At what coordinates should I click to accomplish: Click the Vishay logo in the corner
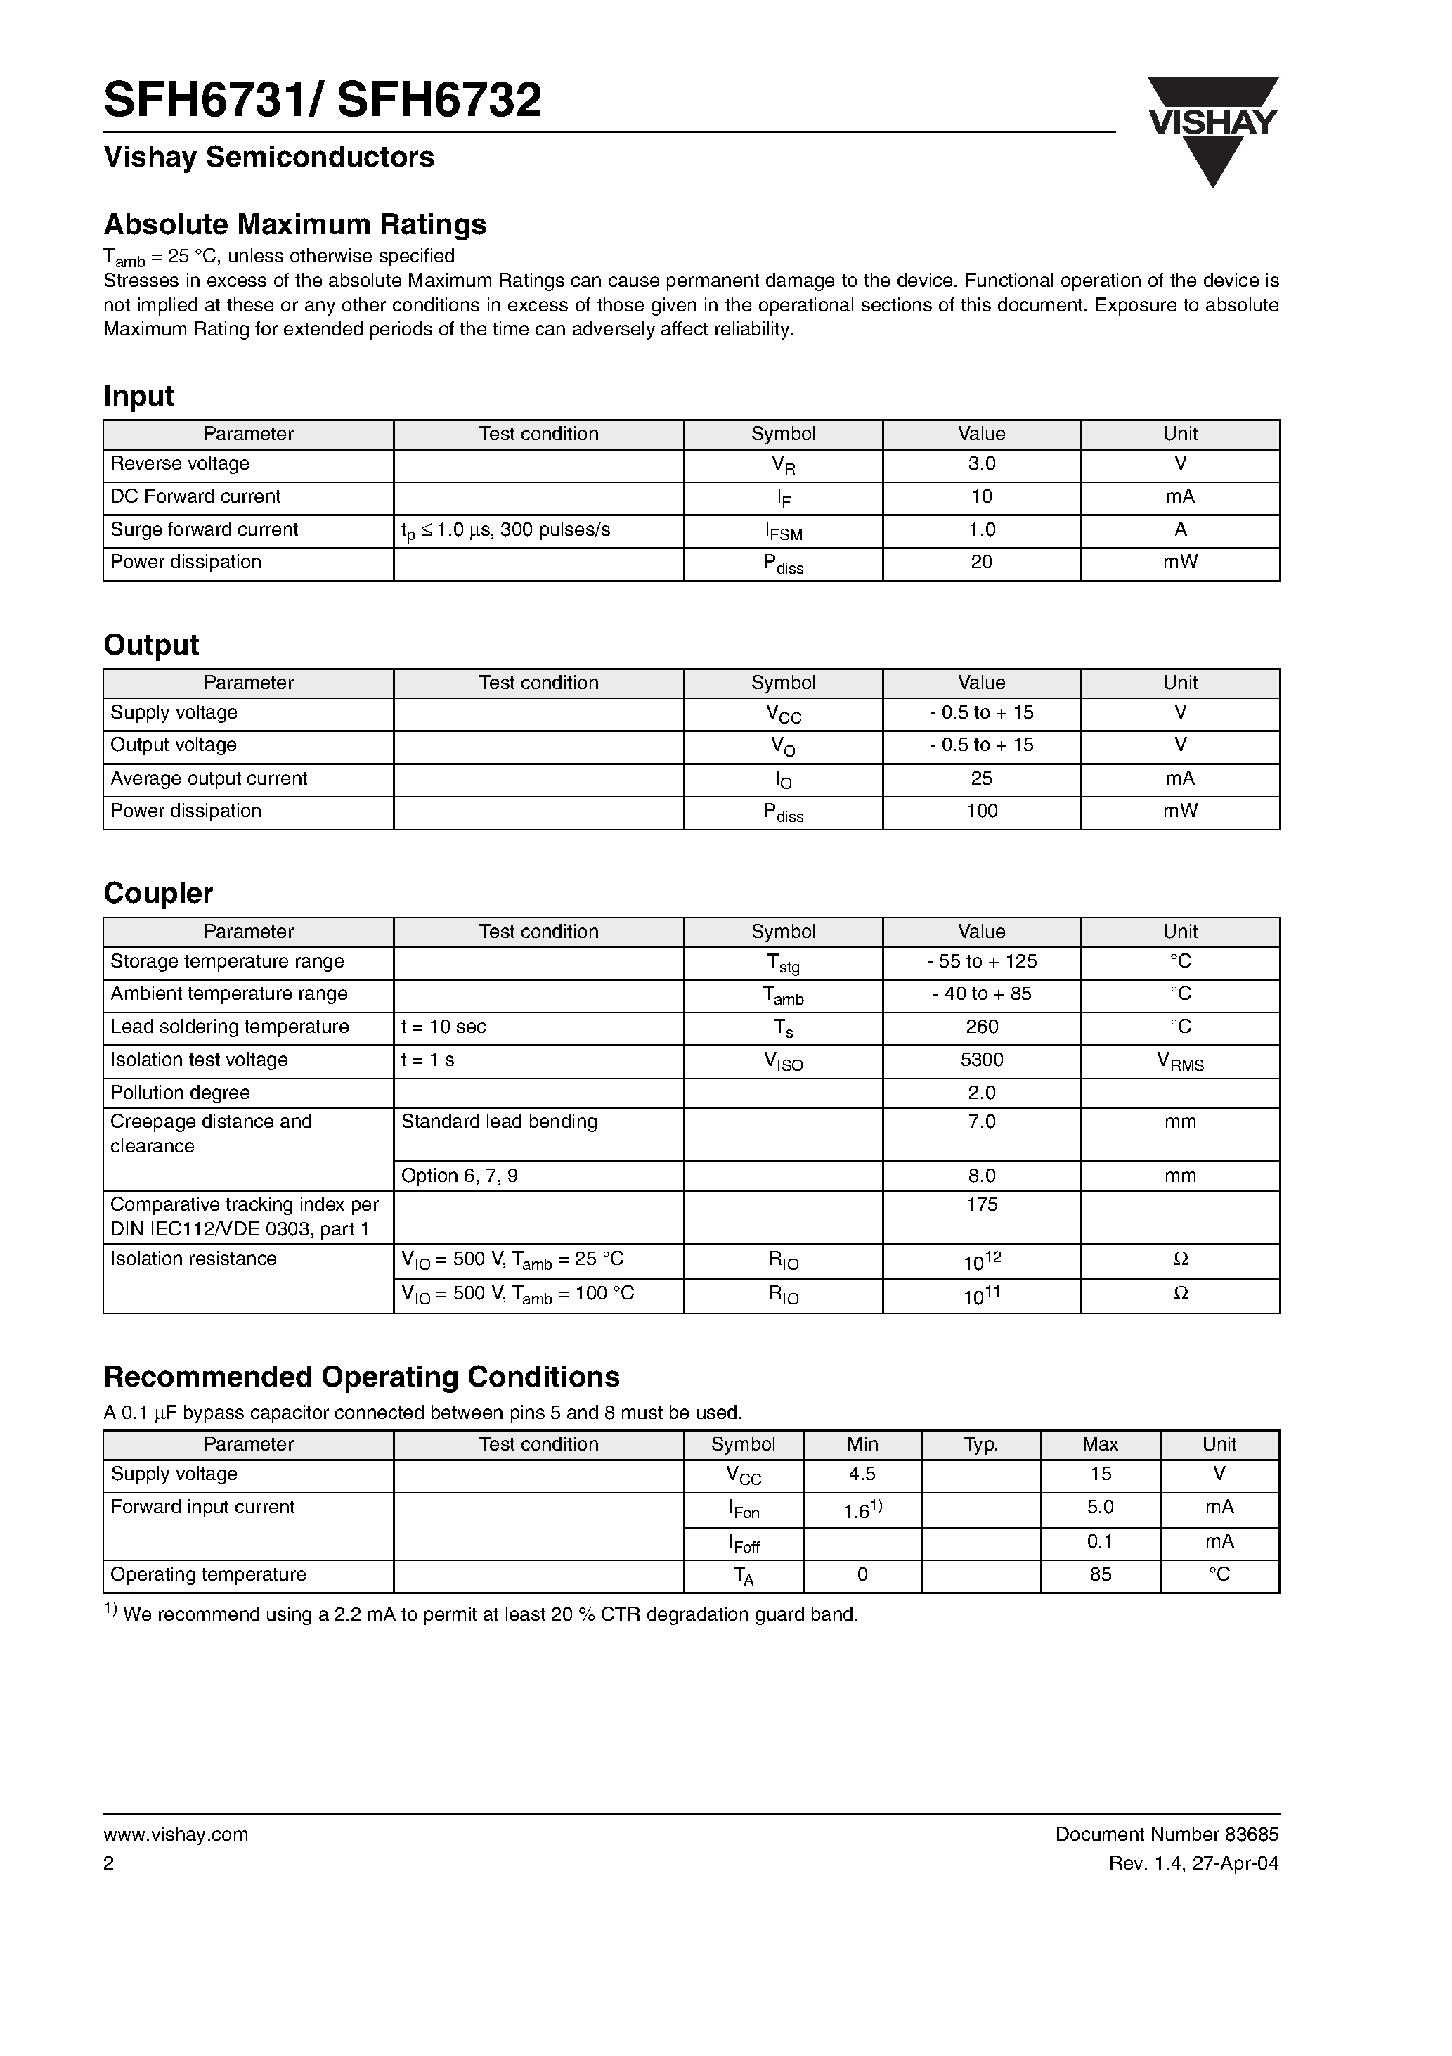(1213, 130)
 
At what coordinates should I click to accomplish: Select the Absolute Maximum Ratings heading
(294, 224)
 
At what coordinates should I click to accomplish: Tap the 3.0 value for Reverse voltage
(981, 464)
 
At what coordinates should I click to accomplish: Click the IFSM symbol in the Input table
(784, 531)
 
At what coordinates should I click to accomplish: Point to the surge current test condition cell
(506, 530)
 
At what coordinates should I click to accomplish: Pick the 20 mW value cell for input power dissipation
(981, 563)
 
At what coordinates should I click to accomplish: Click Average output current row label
(209, 779)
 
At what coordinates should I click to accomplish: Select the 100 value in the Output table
(981, 811)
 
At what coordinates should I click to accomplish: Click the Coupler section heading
(157, 893)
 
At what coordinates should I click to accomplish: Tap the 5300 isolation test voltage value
(981, 1060)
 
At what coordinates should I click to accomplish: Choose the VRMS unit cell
(1180, 1062)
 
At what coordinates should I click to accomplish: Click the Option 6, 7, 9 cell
(459, 1176)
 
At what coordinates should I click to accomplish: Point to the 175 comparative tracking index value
(981, 1205)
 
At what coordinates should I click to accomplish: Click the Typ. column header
(980, 1444)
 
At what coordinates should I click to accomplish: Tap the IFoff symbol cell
(743, 1543)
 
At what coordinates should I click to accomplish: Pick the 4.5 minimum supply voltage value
(862, 1474)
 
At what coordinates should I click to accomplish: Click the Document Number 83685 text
(1167, 1834)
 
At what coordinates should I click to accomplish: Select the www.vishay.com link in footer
(176, 1834)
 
